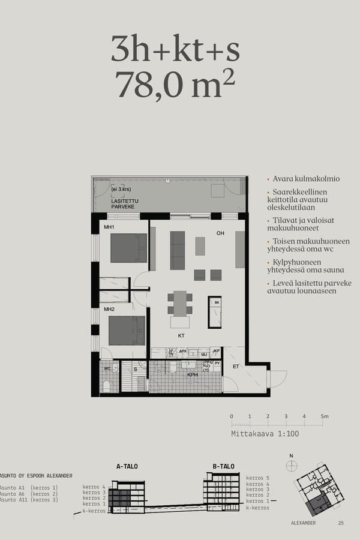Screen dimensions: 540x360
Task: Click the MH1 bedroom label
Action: tap(109, 227)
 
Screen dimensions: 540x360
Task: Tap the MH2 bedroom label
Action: tap(109, 310)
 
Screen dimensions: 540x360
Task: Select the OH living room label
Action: tap(220, 233)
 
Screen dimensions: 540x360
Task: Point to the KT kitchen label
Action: tap(181, 336)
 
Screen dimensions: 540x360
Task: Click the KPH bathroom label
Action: tap(193, 374)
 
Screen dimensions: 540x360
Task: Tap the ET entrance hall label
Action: tap(236, 366)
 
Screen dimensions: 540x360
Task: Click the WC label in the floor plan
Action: tap(106, 368)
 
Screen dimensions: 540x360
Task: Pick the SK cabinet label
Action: tap(216, 303)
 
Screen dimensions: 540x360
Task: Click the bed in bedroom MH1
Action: tap(128, 248)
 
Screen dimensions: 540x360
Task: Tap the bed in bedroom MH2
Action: tap(127, 330)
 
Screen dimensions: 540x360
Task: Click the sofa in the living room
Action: tap(178, 250)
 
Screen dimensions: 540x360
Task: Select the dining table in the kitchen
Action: tap(180, 304)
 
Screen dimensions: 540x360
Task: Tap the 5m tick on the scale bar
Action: tap(324, 416)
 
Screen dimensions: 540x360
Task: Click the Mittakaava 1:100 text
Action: tap(265, 433)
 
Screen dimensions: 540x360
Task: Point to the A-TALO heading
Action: tap(127, 466)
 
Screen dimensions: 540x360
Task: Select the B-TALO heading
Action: tap(223, 466)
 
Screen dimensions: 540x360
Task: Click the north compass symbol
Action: tap(292, 467)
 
